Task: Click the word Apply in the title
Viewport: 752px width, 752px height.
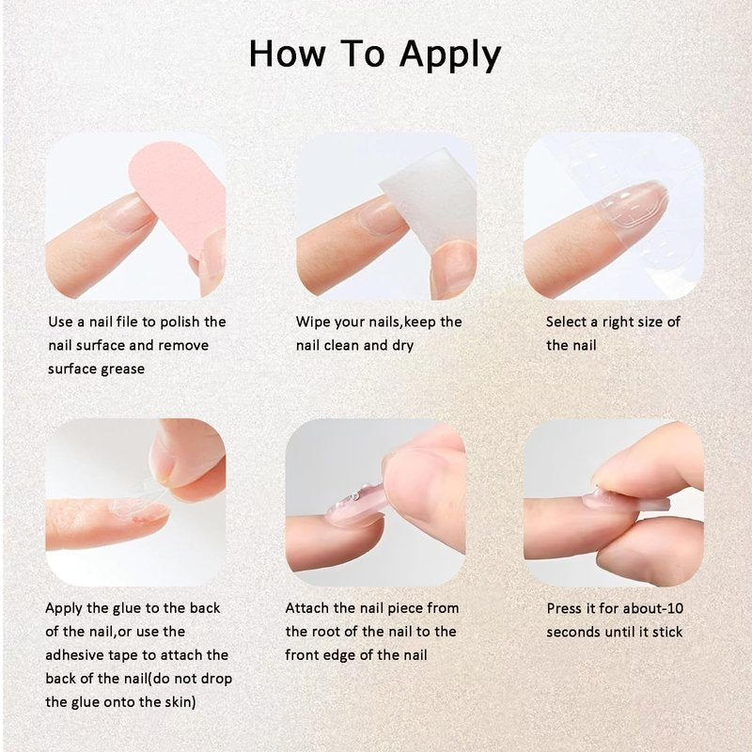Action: (450, 55)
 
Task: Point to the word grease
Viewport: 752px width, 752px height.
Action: (121, 369)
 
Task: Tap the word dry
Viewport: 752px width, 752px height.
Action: (403, 346)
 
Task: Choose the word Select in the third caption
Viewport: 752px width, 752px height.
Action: (568, 321)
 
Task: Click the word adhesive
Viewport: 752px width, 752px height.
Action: (74, 655)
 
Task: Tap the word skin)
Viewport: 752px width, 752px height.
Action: (180, 702)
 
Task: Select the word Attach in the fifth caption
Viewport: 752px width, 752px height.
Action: (307, 608)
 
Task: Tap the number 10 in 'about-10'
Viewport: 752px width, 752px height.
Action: (675, 608)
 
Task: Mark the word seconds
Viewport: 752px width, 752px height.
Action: (573, 633)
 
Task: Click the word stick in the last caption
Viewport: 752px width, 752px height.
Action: (667, 632)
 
